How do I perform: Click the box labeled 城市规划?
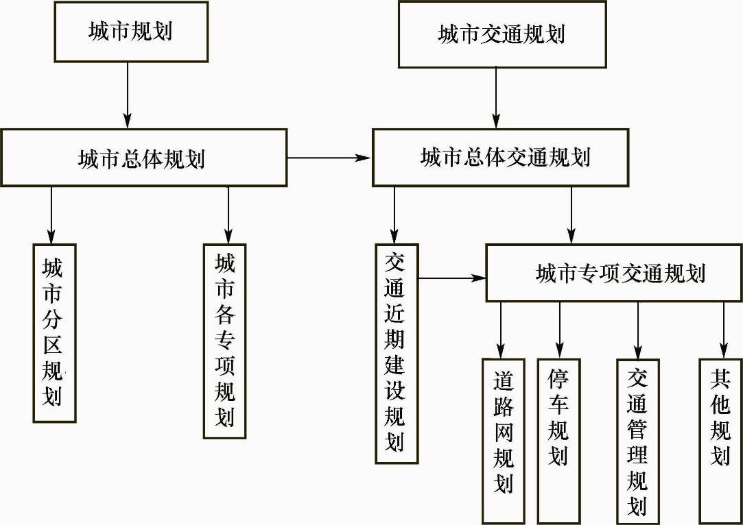pyautogui.click(x=131, y=32)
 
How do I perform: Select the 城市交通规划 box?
pyautogui.click(x=502, y=34)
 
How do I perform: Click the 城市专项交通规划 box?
pyautogui.click(x=614, y=273)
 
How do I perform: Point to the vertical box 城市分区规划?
pyautogui.click(x=54, y=332)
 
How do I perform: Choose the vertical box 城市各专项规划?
pyautogui.click(x=224, y=341)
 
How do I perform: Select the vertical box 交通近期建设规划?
pyautogui.click(x=396, y=352)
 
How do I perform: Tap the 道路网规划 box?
pyautogui.click(x=503, y=440)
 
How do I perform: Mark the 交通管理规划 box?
pyautogui.click(x=637, y=441)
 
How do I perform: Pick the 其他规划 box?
pyautogui.click(x=720, y=418)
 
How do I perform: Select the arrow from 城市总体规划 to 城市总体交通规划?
pyautogui.click(x=329, y=158)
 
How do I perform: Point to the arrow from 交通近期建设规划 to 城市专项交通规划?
pyautogui.click(x=452, y=278)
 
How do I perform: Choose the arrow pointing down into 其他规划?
pyautogui.click(x=723, y=330)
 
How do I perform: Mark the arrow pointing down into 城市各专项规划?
pyautogui.click(x=228, y=215)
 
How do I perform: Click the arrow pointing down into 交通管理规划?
pyautogui.click(x=637, y=330)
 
